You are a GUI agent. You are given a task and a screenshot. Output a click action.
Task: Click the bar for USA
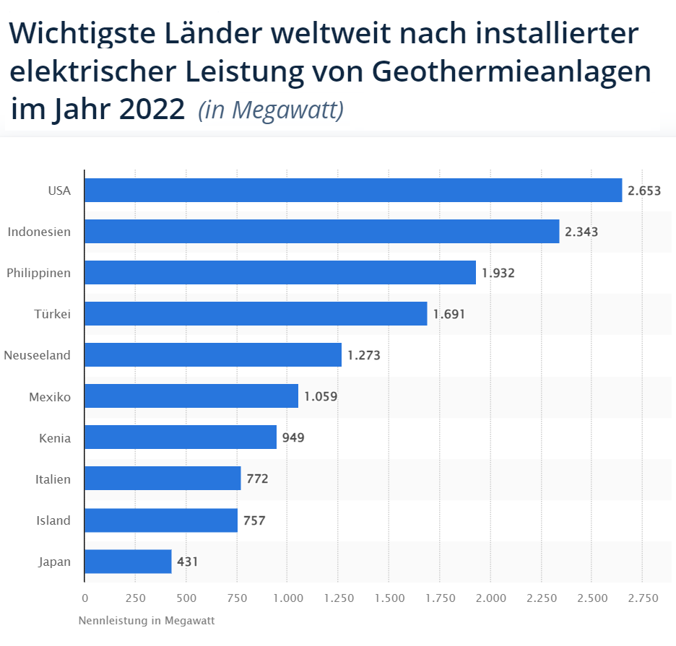pos(353,191)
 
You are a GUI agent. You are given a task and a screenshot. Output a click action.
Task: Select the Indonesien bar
pos(322,232)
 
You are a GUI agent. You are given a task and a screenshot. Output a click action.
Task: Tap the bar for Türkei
pos(256,314)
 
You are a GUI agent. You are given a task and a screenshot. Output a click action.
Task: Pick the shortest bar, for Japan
pos(128,562)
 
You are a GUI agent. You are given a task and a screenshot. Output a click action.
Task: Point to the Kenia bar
pos(181,437)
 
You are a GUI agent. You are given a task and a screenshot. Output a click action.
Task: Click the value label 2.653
pos(644,191)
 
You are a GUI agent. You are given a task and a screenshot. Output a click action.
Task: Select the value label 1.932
pos(498,273)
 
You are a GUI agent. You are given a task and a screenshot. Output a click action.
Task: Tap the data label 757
pos(254,520)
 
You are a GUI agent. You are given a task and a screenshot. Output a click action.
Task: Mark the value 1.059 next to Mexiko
pos(321,396)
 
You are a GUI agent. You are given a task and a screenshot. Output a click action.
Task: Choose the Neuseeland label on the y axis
pos(38,355)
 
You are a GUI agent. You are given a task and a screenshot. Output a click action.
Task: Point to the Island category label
pos(53,520)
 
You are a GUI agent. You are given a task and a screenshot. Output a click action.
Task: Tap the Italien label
pos(53,479)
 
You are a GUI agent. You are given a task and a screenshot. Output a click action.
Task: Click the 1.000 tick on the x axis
pos(287,598)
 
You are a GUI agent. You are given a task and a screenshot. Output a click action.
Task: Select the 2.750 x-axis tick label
pos(643,598)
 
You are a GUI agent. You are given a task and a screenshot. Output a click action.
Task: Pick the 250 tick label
pos(135,598)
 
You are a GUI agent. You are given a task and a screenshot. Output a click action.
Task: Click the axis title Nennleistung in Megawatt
pos(147,620)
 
